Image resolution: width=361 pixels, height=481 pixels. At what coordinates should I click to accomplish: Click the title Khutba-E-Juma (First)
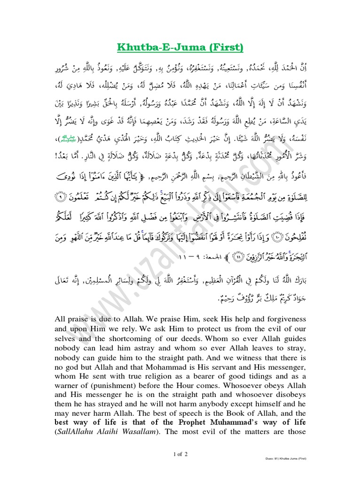coord(180,47)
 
